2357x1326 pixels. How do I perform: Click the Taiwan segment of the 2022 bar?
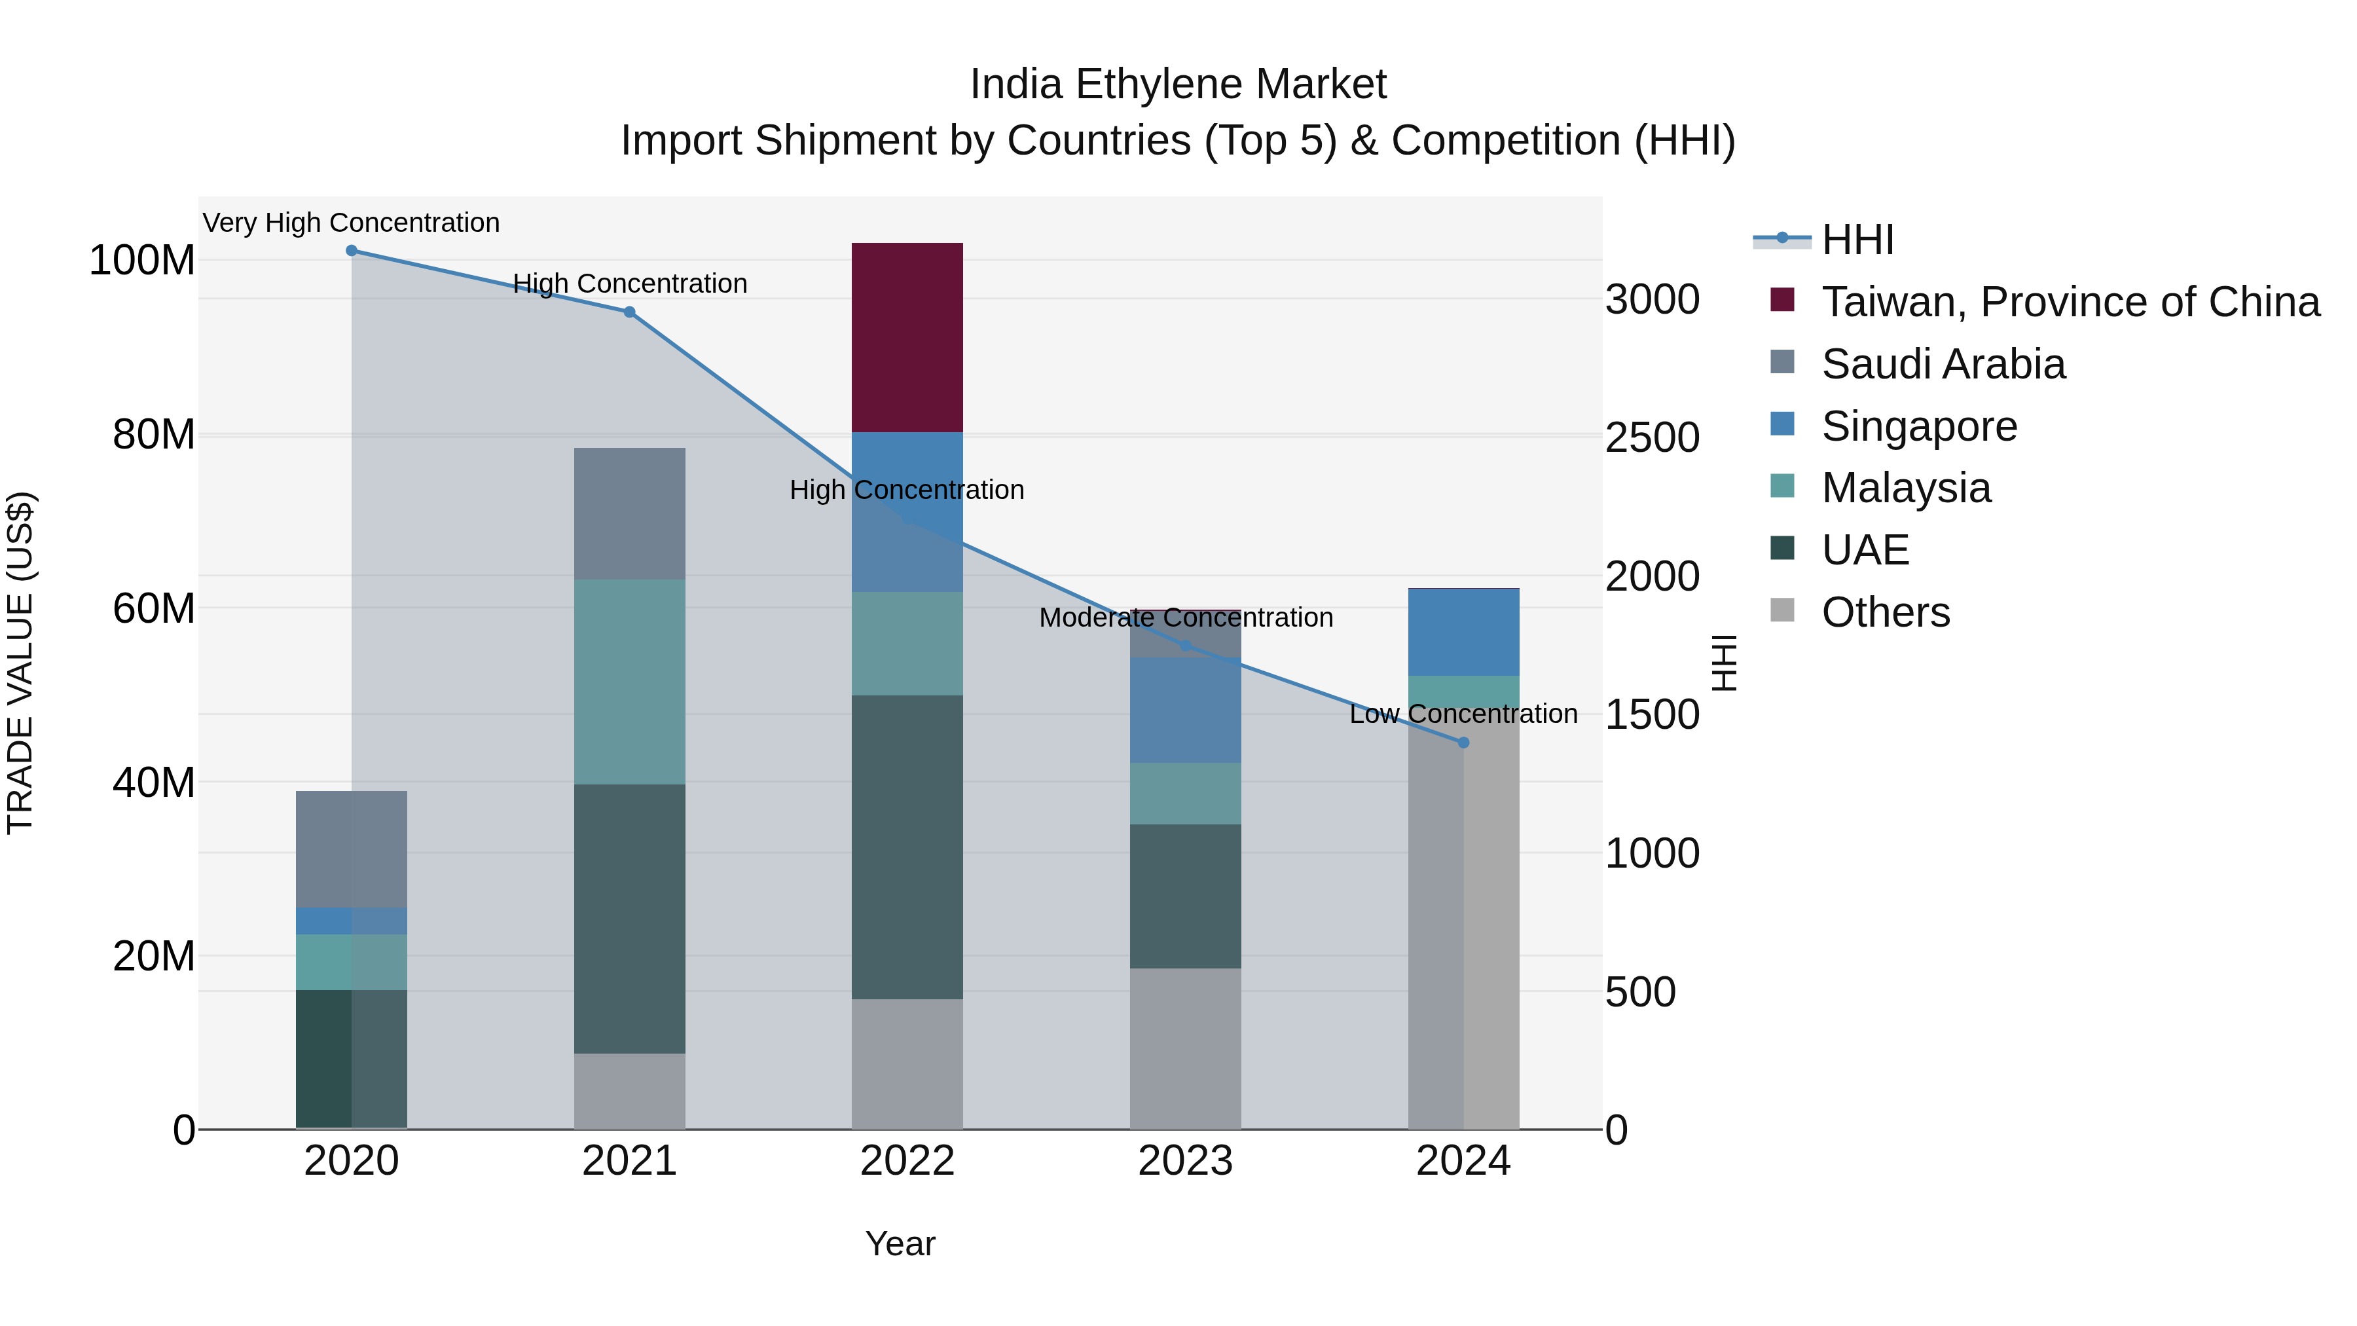(907, 337)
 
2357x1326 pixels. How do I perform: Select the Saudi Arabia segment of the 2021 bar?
(629, 513)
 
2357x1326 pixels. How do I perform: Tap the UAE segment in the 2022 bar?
(907, 847)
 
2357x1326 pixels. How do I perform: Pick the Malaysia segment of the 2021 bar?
(629, 682)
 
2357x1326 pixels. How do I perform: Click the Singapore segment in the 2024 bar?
(1463, 633)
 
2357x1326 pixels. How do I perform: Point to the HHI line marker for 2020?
(352, 251)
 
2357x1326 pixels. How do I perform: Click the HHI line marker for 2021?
(629, 312)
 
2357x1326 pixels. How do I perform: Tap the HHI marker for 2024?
(1463, 742)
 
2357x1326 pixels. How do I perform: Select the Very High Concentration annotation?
(352, 223)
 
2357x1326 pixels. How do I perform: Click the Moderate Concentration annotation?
(1186, 617)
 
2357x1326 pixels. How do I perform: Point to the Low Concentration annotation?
(1463, 714)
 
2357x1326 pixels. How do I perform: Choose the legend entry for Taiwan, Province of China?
(2070, 302)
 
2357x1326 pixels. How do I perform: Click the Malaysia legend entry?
(1905, 488)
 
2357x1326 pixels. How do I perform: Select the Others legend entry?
(1885, 612)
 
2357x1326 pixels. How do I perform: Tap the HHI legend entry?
(1857, 240)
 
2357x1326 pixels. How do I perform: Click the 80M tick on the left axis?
(154, 435)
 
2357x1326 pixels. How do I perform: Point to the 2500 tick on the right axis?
(1653, 437)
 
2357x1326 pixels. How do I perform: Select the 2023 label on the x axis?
(1186, 1161)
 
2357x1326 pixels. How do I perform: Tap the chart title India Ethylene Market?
(1178, 84)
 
